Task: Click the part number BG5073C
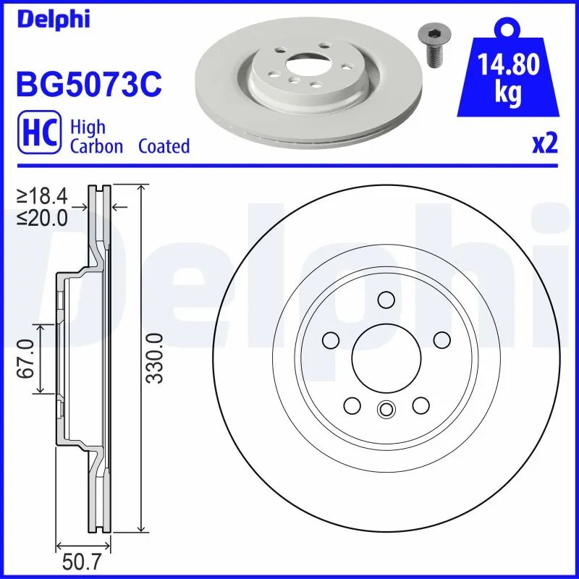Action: point(88,84)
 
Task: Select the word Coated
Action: point(164,146)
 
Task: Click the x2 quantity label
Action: point(545,144)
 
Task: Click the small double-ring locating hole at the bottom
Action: point(386,410)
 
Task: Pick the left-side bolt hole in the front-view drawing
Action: point(331,340)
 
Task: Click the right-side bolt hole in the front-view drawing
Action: point(441,340)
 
